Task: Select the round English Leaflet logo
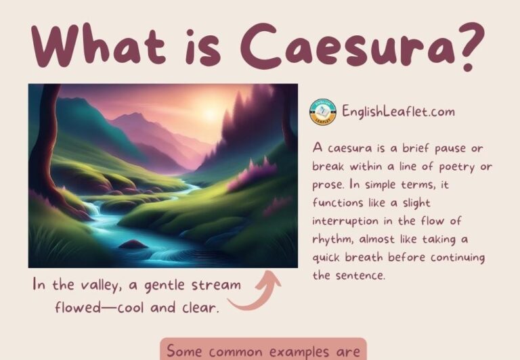(323, 112)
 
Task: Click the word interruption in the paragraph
(345, 221)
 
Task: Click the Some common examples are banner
(263, 350)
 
